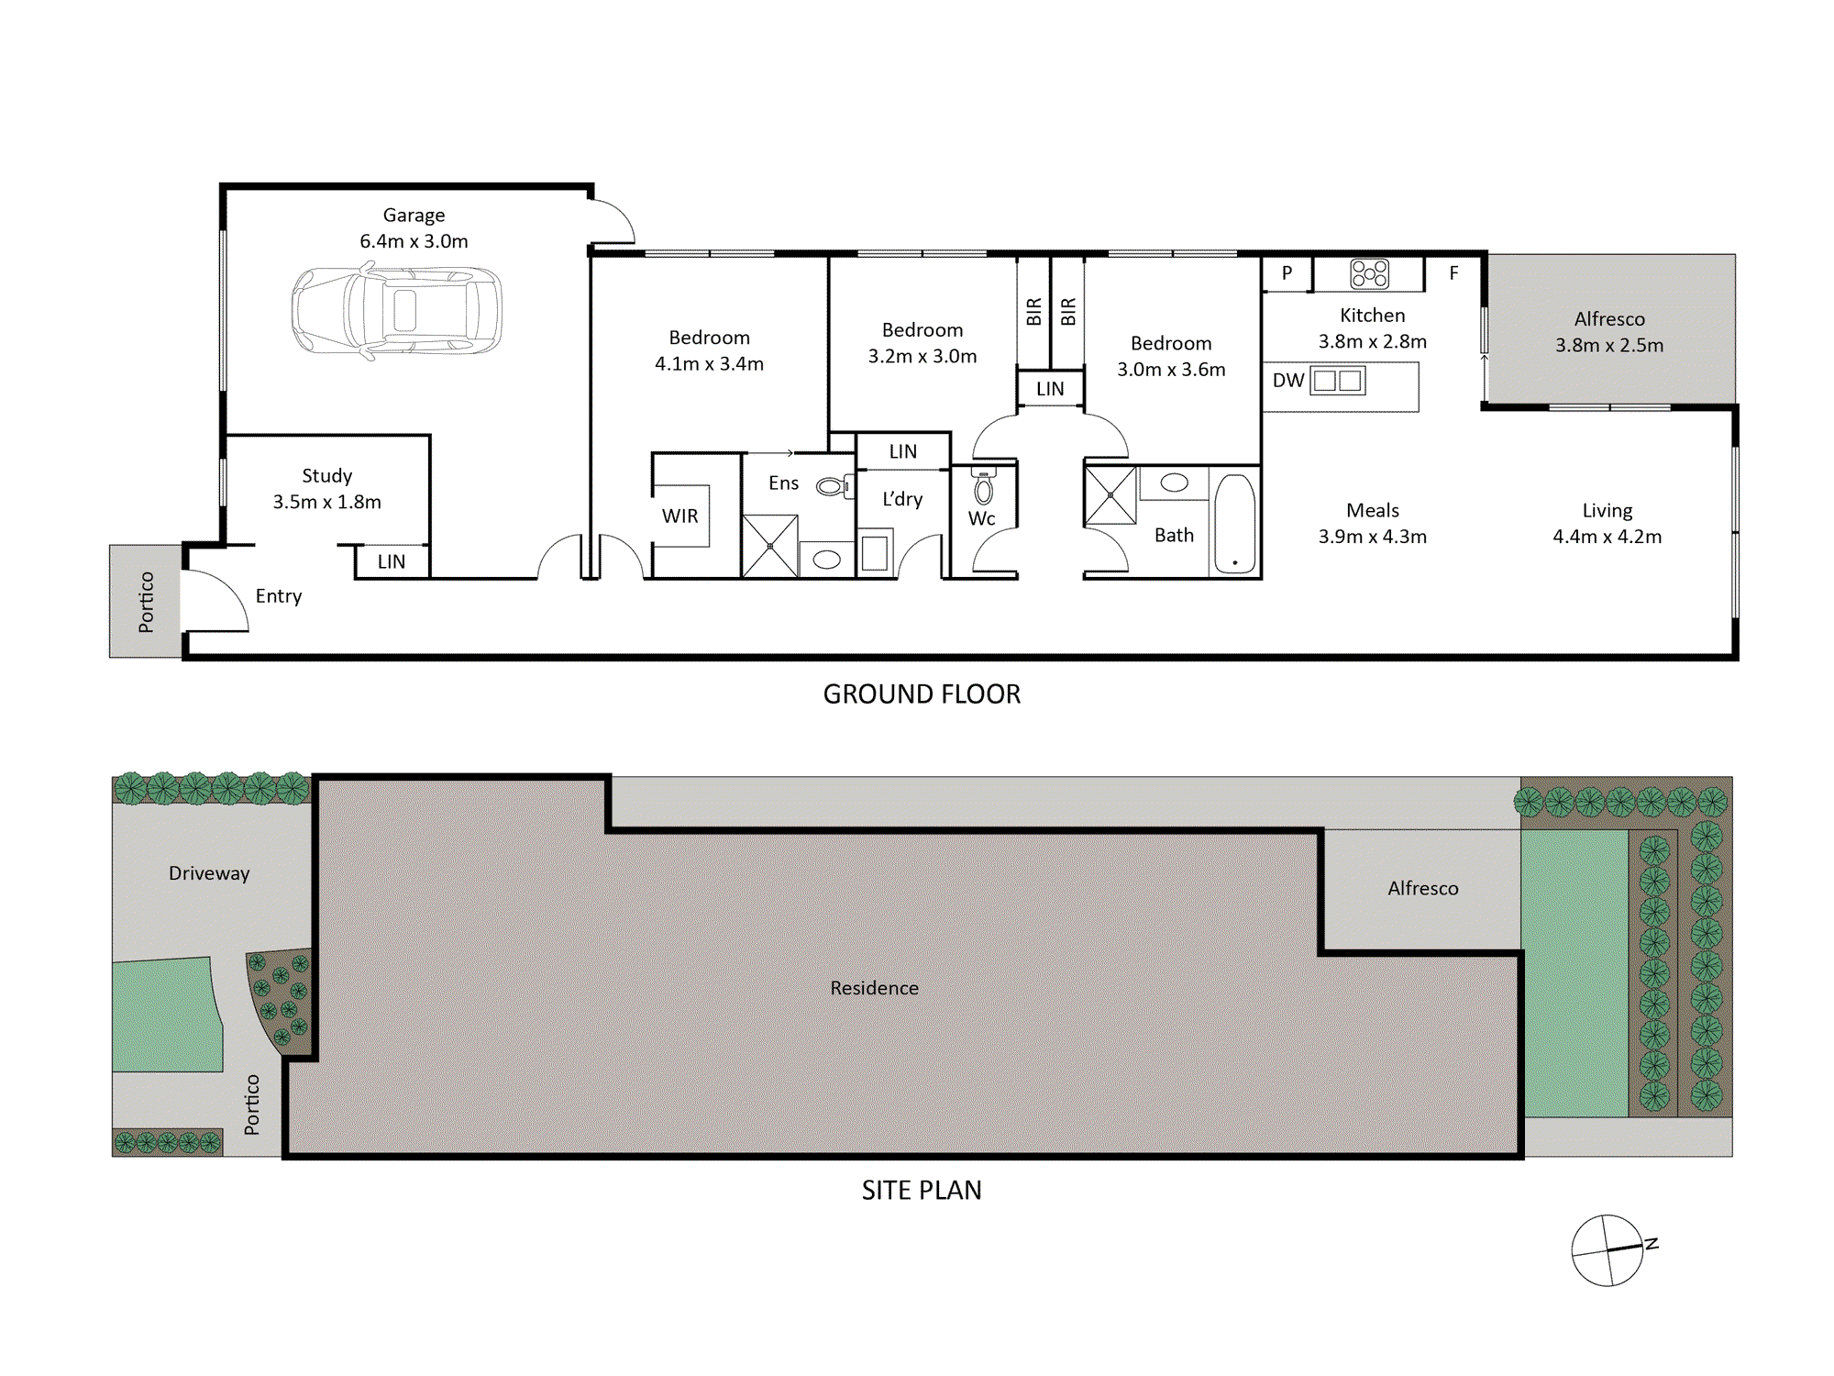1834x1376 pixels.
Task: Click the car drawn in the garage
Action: (x=397, y=310)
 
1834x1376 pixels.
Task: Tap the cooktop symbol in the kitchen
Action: (x=1369, y=273)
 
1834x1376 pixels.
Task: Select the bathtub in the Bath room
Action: (x=1235, y=524)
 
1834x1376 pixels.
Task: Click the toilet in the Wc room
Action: (x=983, y=487)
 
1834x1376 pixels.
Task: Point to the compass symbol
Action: (x=1608, y=1250)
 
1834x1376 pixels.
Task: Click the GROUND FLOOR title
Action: (x=922, y=694)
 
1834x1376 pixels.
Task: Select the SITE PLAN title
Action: (x=922, y=1191)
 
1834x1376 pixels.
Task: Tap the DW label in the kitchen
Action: (x=1288, y=380)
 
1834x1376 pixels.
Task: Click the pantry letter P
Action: (x=1287, y=273)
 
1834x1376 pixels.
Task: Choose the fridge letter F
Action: (x=1453, y=273)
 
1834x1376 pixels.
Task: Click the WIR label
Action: (x=679, y=516)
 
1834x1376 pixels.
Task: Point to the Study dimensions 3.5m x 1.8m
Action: (x=326, y=502)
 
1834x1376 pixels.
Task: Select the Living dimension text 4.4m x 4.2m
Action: (x=1607, y=537)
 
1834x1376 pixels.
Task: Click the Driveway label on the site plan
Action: (x=209, y=873)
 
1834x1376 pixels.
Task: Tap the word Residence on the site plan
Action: (x=874, y=988)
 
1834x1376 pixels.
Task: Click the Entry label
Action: (x=279, y=596)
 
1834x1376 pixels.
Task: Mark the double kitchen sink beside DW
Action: (x=1338, y=381)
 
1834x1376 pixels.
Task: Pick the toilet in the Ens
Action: (x=834, y=486)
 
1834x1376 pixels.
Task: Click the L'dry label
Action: (x=902, y=499)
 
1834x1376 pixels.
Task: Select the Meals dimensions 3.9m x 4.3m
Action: (x=1372, y=537)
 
